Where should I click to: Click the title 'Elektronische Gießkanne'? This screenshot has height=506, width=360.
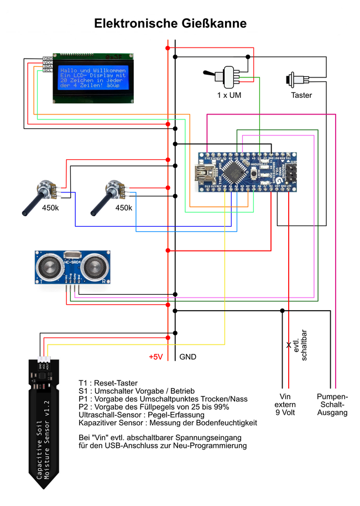click(x=170, y=23)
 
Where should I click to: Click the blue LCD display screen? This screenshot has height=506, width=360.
click(x=93, y=79)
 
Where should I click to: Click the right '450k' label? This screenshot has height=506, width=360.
click(x=123, y=208)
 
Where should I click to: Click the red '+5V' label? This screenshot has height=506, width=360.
click(x=156, y=357)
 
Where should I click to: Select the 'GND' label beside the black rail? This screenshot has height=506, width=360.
click(x=187, y=357)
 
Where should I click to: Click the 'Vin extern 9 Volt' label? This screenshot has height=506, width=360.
click(x=285, y=405)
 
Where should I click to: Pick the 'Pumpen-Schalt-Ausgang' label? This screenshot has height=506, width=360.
click(x=332, y=405)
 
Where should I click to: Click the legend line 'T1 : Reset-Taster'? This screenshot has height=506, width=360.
click(x=108, y=383)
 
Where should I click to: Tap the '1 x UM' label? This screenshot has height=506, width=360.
click(x=229, y=95)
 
